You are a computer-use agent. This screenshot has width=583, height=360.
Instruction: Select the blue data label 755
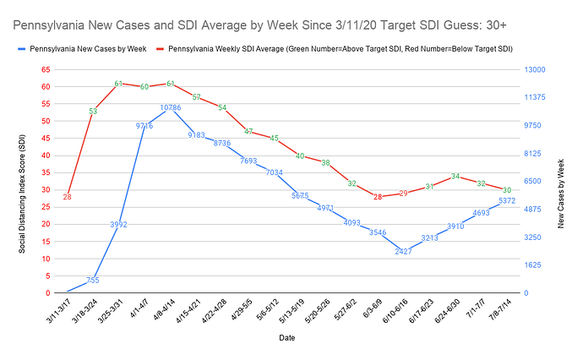tap(93, 281)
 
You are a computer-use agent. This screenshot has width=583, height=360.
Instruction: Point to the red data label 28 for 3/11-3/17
tap(67, 197)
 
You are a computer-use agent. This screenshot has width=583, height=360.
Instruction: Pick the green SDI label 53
tap(93, 111)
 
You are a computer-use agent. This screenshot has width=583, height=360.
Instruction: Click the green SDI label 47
tap(248, 131)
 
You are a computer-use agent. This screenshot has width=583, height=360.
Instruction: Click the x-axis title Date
tap(286, 339)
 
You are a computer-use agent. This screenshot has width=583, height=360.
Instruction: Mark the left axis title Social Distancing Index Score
tap(23, 181)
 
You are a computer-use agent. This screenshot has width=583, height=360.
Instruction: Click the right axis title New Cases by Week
tap(560, 181)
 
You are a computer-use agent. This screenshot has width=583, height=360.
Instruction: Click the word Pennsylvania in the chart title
tap(51, 19)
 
